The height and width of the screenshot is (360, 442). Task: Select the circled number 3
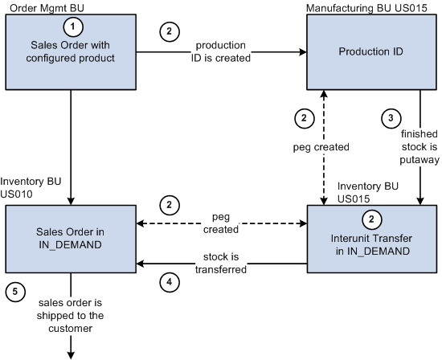(x=391, y=118)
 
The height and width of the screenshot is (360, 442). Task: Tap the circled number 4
(x=167, y=282)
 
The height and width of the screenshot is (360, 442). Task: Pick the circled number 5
(x=14, y=292)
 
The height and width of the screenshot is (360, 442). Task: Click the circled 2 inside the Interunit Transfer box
(x=370, y=218)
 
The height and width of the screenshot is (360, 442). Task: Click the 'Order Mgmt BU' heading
(x=39, y=7)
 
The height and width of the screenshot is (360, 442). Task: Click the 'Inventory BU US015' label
(x=367, y=192)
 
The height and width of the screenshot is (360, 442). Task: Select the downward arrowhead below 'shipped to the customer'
(x=72, y=352)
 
